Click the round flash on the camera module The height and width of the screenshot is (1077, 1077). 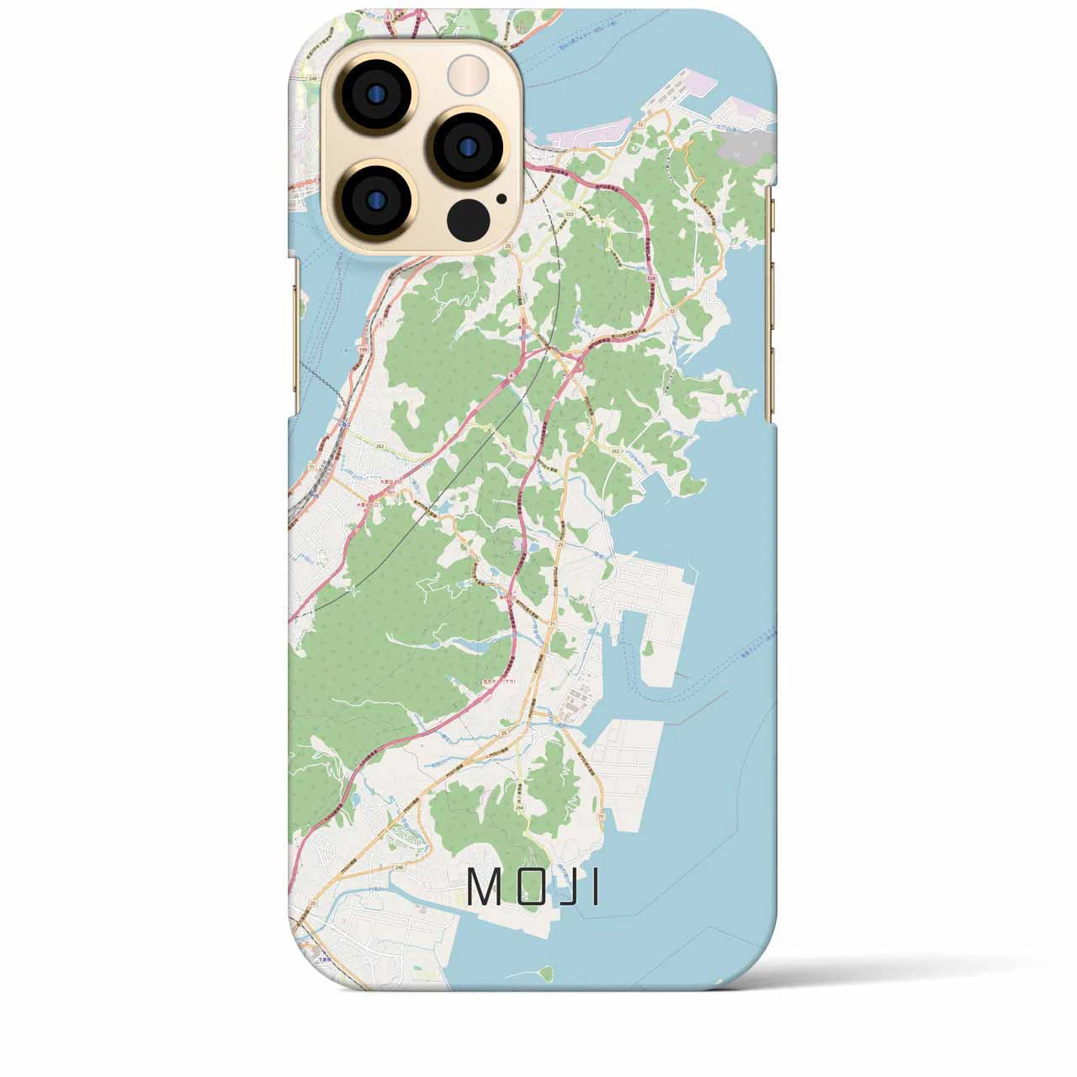tap(467, 74)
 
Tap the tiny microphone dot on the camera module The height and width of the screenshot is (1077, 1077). tap(501, 199)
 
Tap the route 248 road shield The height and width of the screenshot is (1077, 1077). tap(313, 78)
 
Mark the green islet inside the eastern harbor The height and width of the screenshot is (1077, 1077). tap(648, 648)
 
